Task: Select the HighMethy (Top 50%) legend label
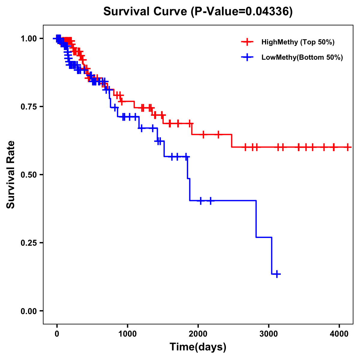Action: click(298, 42)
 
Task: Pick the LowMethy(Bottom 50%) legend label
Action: click(302, 57)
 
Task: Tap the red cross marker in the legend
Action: click(247, 42)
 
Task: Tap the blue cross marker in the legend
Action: click(247, 57)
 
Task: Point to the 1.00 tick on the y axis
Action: click(29, 38)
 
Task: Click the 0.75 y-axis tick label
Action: click(29, 106)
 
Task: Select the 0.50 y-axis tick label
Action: click(29, 175)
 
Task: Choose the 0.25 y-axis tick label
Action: click(29, 243)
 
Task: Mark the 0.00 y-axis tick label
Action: click(29, 311)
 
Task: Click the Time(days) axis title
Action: click(198, 347)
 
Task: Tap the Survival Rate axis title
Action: click(11, 174)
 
